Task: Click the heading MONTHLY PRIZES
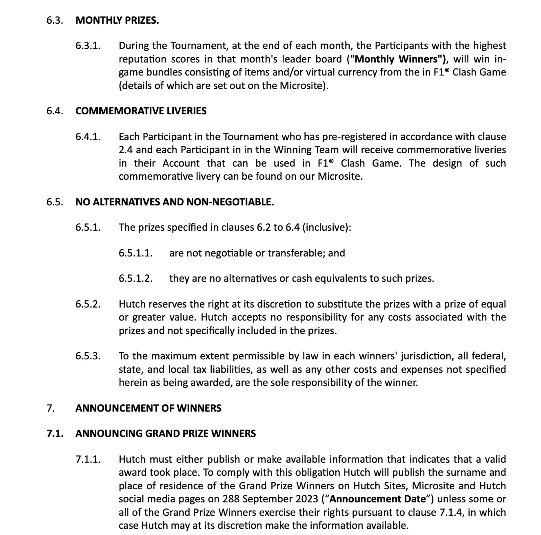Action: click(117, 20)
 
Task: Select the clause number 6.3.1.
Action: click(88, 46)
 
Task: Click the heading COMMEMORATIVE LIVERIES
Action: click(141, 111)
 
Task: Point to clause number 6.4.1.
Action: click(88, 137)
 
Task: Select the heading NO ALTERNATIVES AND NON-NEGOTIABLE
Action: click(174, 202)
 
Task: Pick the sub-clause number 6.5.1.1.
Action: click(135, 253)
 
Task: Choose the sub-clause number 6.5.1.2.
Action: click(135, 278)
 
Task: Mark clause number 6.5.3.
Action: click(88, 356)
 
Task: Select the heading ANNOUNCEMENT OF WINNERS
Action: click(148, 408)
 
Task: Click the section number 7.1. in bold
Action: click(55, 434)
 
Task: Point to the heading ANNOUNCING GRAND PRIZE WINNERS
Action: click(165, 434)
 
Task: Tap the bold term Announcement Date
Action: click(378, 499)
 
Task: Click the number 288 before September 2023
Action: click(231, 499)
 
